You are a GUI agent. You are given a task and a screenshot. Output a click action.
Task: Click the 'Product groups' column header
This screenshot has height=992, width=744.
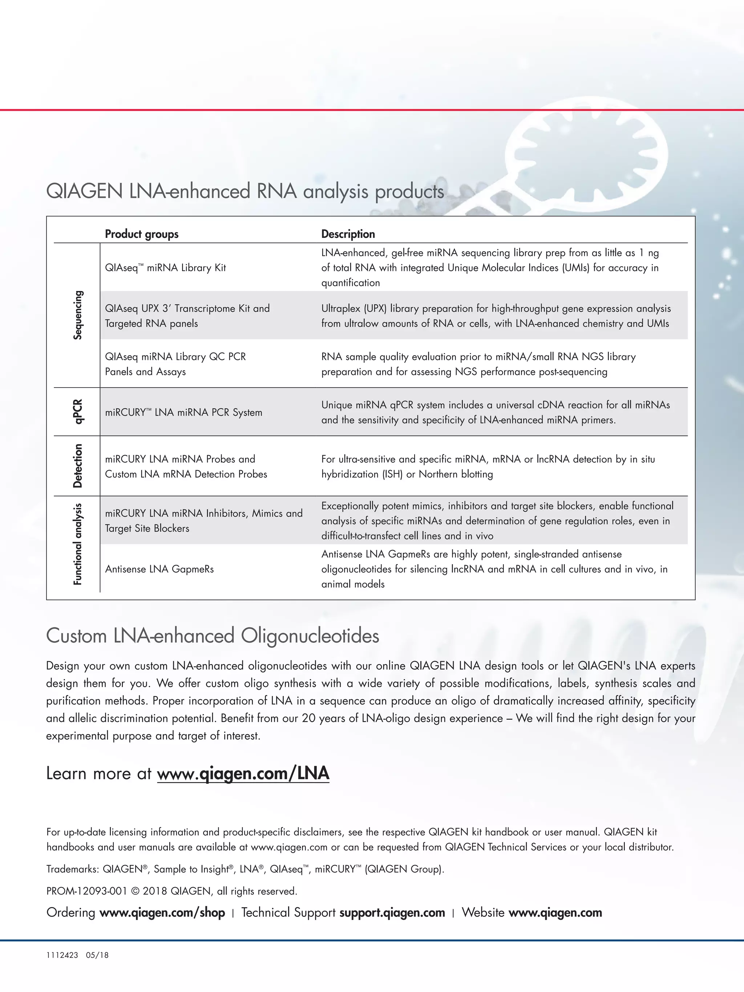tap(141, 234)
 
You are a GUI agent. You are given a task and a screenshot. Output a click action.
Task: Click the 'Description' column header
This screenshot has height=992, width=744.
tap(348, 234)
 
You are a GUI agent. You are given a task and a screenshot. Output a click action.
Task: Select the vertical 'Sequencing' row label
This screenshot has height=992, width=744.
tap(78, 315)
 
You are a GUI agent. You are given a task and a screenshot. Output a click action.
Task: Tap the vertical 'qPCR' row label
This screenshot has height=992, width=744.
tap(78, 411)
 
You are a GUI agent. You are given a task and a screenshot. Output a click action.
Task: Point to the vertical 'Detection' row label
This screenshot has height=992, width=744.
tap(78, 466)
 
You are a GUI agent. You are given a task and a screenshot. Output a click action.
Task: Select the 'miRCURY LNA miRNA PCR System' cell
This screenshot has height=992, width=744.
tap(183, 412)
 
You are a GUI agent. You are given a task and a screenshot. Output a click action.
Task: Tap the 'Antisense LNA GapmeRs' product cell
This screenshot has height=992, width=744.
tap(159, 569)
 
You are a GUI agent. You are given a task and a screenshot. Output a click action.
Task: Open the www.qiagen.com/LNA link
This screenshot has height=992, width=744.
tap(243, 774)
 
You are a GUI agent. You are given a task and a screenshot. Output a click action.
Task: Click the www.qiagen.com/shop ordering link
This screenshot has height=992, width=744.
tap(162, 912)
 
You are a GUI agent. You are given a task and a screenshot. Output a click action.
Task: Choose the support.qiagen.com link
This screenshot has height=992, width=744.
tap(392, 912)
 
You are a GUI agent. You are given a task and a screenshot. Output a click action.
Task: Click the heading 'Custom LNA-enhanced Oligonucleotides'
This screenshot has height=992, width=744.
tap(213, 636)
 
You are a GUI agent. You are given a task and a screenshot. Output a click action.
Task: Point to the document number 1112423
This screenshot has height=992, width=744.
tap(62, 955)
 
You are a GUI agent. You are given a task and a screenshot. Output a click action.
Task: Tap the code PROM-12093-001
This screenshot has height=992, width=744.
tap(86, 891)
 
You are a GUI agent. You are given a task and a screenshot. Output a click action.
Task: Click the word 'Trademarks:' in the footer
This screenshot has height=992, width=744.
tap(72, 869)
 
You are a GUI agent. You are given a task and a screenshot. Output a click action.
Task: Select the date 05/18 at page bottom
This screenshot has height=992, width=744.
tap(97, 955)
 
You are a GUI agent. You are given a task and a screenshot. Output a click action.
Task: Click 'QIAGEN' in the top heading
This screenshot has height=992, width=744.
tap(84, 191)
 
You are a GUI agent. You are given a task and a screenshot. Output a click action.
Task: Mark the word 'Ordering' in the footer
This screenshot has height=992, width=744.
tap(71, 912)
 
